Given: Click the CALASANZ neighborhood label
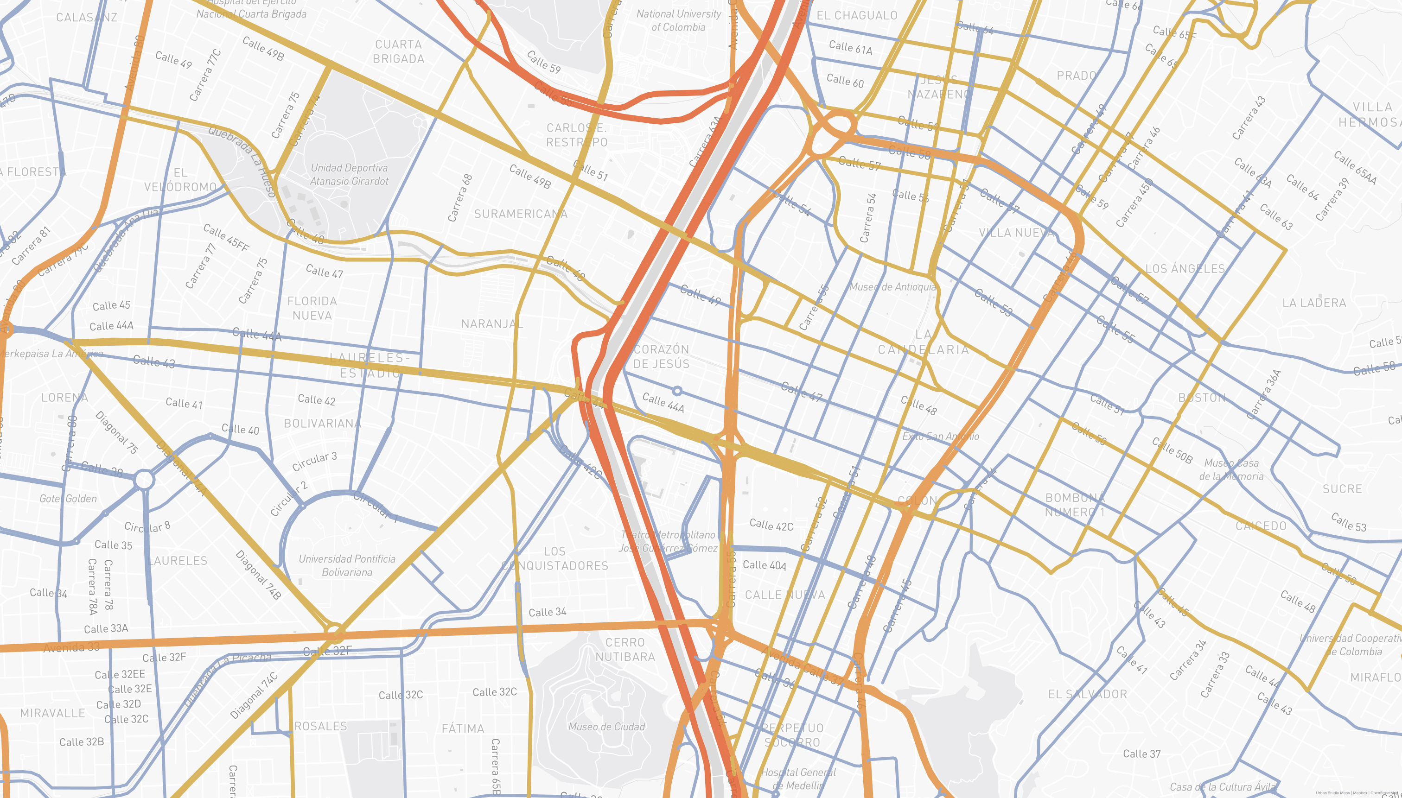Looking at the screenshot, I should [87, 18].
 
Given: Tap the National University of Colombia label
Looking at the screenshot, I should [678, 20].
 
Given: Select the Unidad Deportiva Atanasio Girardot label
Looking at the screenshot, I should [349, 174].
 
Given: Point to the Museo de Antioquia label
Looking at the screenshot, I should [892, 287].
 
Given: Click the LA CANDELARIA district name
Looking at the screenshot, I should [924, 342].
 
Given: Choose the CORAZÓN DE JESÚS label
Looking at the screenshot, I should [661, 356].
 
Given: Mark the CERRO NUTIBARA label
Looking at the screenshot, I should [625, 649].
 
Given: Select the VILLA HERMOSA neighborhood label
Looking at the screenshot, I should [1369, 114].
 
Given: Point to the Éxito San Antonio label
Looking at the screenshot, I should [940, 436].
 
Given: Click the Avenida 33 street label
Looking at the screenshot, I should [72, 647].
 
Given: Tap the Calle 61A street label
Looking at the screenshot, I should [850, 48].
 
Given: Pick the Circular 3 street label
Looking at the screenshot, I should [314, 462].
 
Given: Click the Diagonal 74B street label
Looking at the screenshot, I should [258, 574].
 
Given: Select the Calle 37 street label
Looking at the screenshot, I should [1141, 754].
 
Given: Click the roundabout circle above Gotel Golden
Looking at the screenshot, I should [144, 480].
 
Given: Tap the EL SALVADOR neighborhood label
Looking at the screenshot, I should [1087, 694].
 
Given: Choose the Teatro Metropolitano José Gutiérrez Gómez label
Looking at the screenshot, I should [668, 541].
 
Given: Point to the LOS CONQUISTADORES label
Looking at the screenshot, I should [554, 558].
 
